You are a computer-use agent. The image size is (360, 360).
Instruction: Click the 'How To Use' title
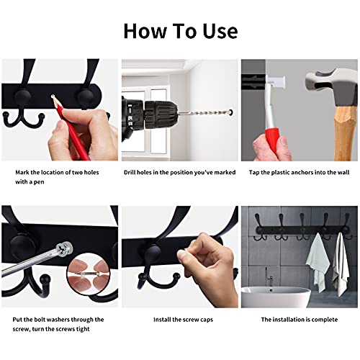coord(180,31)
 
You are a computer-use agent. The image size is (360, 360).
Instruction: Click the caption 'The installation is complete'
coord(299,319)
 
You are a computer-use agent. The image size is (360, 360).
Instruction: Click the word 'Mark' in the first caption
coord(22,173)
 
